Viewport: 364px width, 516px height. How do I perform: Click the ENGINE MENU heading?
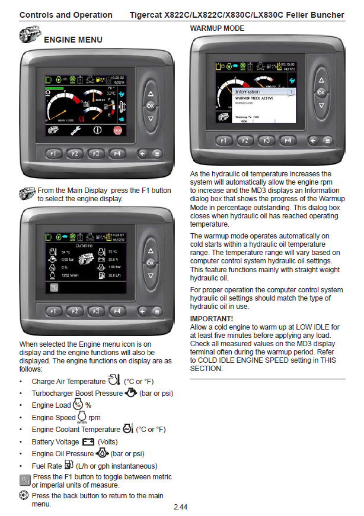73,40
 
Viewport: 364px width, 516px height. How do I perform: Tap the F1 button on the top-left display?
53,154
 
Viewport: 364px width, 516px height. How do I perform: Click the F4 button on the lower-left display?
117,310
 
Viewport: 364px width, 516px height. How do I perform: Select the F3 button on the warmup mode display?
267,141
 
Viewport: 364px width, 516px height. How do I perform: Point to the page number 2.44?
181,507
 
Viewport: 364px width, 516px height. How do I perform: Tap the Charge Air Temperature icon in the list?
114,380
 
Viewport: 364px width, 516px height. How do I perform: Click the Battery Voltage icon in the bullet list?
88,441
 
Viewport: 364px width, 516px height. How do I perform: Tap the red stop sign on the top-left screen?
117,130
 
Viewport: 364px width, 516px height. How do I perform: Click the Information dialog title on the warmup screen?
247,92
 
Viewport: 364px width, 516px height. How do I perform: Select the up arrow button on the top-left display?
151,94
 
